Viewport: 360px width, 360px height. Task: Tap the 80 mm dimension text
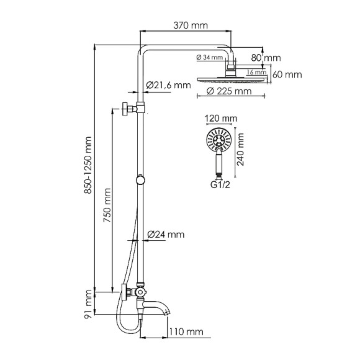pyautogui.click(x=282, y=58)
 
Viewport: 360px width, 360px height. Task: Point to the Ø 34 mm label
pyautogui.click(x=210, y=58)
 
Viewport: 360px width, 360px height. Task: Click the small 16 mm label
pyautogui.click(x=254, y=72)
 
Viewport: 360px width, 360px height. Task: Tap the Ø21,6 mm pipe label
pyautogui.click(x=168, y=85)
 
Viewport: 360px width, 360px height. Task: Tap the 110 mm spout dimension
pyautogui.click(x=189, y=333)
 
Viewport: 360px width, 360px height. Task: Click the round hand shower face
pyautogui.click(x=218, y=140)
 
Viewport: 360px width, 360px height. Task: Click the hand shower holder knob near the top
pyautogui.click(x=128, y=107)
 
